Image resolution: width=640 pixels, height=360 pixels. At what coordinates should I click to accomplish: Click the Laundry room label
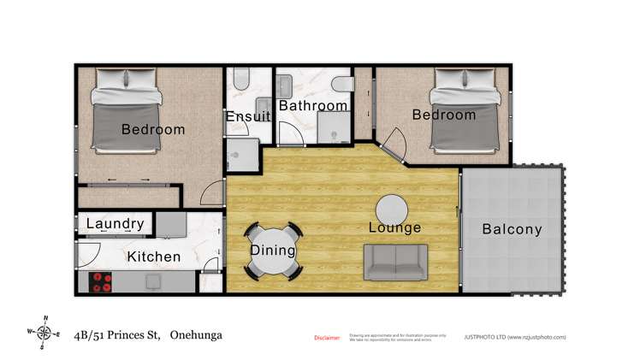pos(116,224)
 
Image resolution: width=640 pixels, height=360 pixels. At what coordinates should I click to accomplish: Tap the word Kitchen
pos(154,257)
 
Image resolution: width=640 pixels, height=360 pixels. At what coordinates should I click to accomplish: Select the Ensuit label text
pos(247,117)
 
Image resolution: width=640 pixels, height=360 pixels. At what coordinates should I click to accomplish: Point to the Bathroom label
pos(313,106)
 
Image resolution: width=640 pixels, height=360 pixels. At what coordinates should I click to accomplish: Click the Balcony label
pos(512,229)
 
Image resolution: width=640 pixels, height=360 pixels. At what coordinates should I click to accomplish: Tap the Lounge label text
pos(394,228)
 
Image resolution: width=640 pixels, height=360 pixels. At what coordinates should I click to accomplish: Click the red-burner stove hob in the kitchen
pos(102,281)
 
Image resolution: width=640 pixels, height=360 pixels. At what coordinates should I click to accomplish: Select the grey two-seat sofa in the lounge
pos(396,263)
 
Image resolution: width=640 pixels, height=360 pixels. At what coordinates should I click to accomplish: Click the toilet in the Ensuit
pos(240,82)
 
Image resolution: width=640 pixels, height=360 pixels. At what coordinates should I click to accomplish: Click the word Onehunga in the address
pos(196,335)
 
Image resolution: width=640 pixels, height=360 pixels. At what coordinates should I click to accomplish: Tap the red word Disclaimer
pos(327,338)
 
